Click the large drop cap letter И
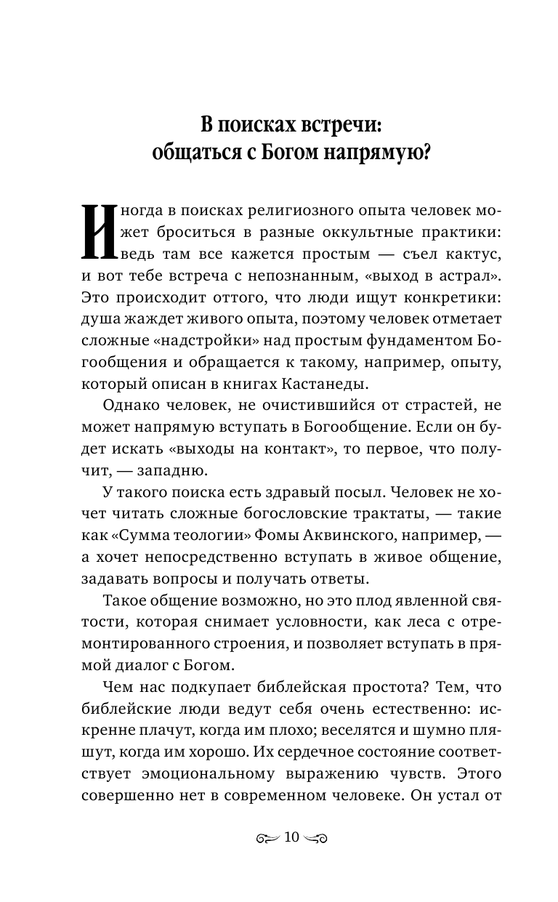[x=97, y=231]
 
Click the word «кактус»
[x=472, y=256]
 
